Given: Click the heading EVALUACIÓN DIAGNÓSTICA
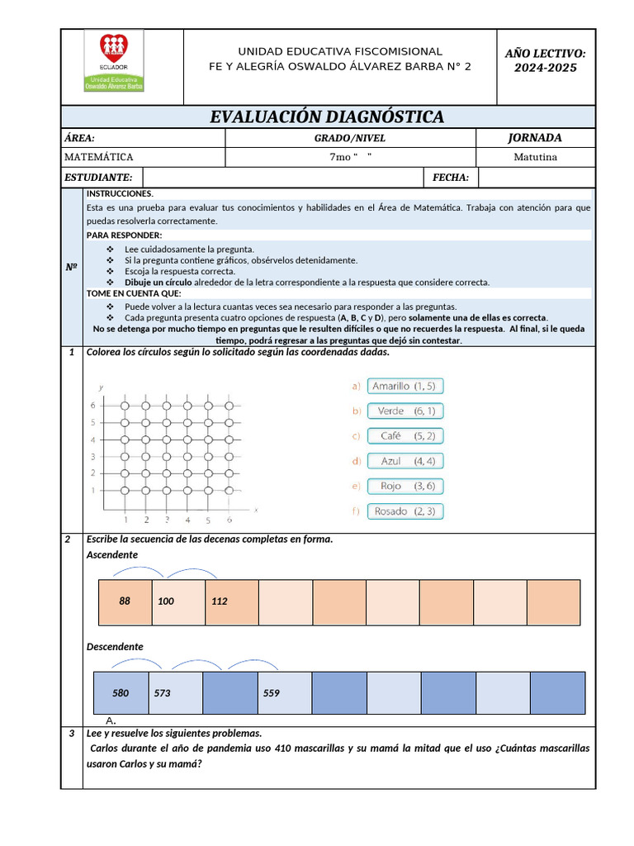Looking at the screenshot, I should coord(327,116).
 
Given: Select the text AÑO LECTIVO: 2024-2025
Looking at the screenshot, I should coord(545,60).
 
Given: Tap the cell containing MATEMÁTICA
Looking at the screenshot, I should coord(143,157).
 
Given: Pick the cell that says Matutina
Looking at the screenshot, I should coord(535,157).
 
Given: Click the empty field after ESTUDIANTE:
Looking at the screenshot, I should coord(282,177).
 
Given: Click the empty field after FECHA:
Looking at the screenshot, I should coord(535,177).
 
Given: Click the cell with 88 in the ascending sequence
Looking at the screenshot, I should coord(125,601).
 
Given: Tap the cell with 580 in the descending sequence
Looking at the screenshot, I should coord(121,693).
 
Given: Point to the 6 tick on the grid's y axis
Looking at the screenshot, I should coord(93,406).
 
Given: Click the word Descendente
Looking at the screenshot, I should coord(115,646).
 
